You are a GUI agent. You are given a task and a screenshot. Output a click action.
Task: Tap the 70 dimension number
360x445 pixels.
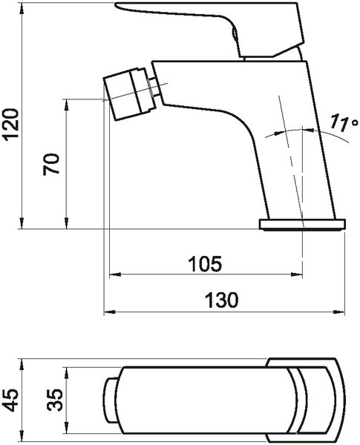[x=51, y=164]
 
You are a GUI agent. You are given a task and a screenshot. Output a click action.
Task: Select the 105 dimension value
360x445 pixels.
[x=205, y=263]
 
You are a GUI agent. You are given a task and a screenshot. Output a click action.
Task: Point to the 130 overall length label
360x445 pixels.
[x=222, y=300]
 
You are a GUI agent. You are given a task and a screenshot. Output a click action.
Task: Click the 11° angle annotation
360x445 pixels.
[x=343, y=123]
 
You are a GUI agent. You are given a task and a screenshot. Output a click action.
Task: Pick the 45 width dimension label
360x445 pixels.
[x=10, y=400]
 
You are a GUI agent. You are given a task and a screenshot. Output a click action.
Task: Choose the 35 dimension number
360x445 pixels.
[x=55, y=400]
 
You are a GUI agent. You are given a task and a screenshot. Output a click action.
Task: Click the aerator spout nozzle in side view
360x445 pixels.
[x=128, y=93]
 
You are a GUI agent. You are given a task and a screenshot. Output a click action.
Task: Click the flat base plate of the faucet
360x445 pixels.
[x=302, y=225]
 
